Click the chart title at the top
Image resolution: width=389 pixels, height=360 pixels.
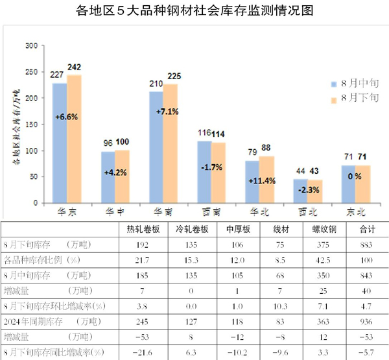pos(194,10)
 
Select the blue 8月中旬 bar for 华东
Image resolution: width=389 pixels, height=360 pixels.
pos(60,143)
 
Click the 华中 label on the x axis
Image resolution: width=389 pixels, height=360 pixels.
pos(107,211)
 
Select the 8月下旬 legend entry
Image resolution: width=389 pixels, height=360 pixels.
pos(354,99)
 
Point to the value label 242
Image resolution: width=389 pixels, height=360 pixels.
pos(74,67)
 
